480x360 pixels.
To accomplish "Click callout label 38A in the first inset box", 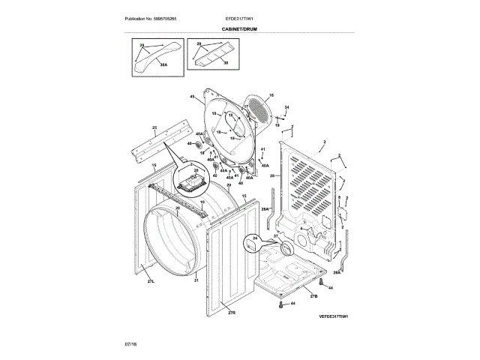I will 163,65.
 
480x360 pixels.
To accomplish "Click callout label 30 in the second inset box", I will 225,62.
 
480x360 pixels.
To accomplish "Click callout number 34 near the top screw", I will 286,108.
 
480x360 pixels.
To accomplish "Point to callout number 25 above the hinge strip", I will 154,128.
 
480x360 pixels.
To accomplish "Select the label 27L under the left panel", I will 151,280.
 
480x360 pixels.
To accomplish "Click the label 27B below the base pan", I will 313,298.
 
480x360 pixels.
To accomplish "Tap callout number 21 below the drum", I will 196,280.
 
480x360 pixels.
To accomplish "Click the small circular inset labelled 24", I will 253,242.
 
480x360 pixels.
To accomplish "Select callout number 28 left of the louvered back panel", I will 273,175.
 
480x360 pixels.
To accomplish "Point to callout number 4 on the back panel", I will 301,229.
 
